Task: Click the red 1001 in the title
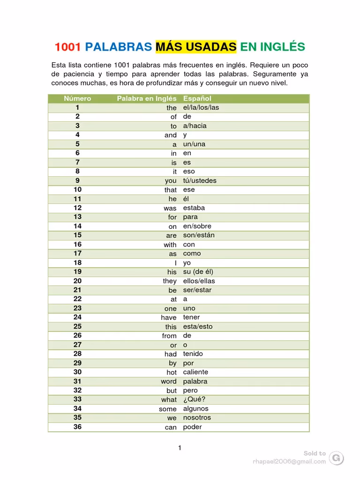click(68, 47)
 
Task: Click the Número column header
click(77, 98)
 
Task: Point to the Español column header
click(197, 98)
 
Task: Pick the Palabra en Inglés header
click(146, 98)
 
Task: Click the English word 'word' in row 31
click(169, 382)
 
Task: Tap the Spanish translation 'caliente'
click(195, 372)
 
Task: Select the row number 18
click(77, 262)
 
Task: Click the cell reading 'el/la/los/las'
click(201, 107)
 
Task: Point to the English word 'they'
click(170, 281)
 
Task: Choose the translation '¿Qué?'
click(194, 399)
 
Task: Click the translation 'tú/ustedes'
click(200, 180)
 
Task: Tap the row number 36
click(77, 427)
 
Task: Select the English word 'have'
click(169, 317)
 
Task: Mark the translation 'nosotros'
click(197, 418)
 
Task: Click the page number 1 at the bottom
click(180, 448)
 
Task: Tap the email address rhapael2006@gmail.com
click(289, 461)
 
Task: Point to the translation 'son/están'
click(199, 235)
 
